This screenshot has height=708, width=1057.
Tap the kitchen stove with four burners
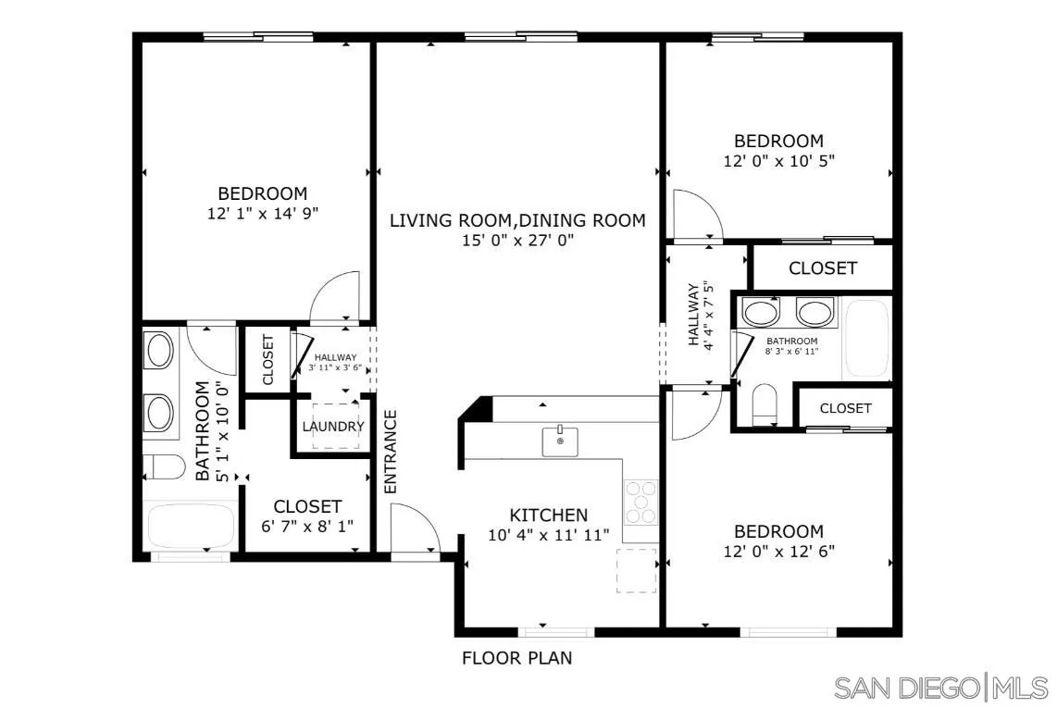tap(640, 503)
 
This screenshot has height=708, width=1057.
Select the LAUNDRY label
tap(333, 427)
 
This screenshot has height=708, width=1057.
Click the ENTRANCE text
tap(391, 451)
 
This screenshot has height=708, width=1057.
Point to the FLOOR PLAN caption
tap(516, 659)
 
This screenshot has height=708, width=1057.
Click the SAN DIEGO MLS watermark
tap(940, 688)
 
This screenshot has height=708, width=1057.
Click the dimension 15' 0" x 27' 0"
tap(517, 241)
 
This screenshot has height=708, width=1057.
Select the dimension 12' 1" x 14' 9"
tap(263, 213)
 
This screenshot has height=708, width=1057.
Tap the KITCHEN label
tap(549, 515)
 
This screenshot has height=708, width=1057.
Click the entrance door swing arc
tap(414, 530)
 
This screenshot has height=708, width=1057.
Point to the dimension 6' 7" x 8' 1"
tap(308, 526)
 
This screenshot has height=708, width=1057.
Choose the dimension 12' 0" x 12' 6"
tap(778, 551)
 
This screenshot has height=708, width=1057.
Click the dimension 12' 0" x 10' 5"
tap(778, 160)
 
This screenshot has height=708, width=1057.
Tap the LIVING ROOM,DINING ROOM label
tap(517, 220)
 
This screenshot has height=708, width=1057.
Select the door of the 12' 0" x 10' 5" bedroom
tap(696, 215)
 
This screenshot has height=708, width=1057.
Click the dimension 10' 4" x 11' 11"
tap(549, 535)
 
